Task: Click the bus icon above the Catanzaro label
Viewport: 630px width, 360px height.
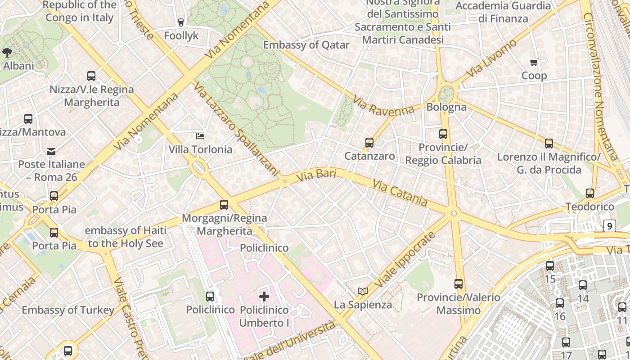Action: click(x=369, y=143)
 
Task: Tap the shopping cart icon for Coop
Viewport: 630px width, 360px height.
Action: click(x=534, y=63)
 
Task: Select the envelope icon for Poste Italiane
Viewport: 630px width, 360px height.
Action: click(x=51, y=151)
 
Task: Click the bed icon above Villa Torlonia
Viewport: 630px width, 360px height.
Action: click(x=200, y=136)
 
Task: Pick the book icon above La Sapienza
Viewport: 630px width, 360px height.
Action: click(x=363, y=291)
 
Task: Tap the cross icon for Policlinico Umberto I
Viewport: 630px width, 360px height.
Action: click(x=264, y=296)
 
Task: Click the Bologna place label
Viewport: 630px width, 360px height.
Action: click(x=446, y=107)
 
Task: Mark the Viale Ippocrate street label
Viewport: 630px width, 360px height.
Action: click(x=405, y=260)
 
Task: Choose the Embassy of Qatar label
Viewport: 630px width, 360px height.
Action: click(x=306, y=45)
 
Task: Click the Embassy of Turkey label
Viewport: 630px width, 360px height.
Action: click(x=68, y=310)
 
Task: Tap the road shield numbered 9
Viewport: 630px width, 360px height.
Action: click(x=609, y=226)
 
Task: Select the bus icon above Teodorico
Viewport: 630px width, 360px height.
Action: click(x=589, y=193)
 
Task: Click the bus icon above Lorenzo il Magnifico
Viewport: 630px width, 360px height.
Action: click(x=549, y=144)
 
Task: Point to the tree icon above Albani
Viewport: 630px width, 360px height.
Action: click(x=7, y=53)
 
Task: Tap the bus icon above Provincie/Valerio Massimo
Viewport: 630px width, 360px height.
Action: click(x=459, y=284)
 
